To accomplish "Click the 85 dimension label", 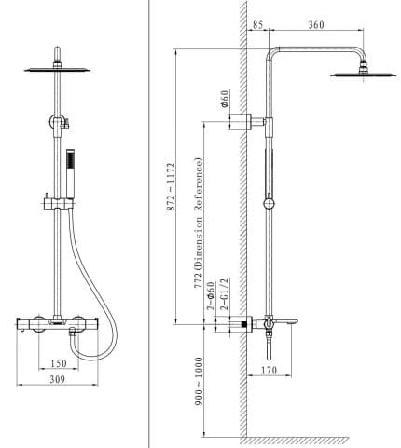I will coord(258,25).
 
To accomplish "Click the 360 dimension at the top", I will coord(315,25).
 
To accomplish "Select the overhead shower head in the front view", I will coord(58,65).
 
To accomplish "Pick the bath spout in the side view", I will coord(285,319).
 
